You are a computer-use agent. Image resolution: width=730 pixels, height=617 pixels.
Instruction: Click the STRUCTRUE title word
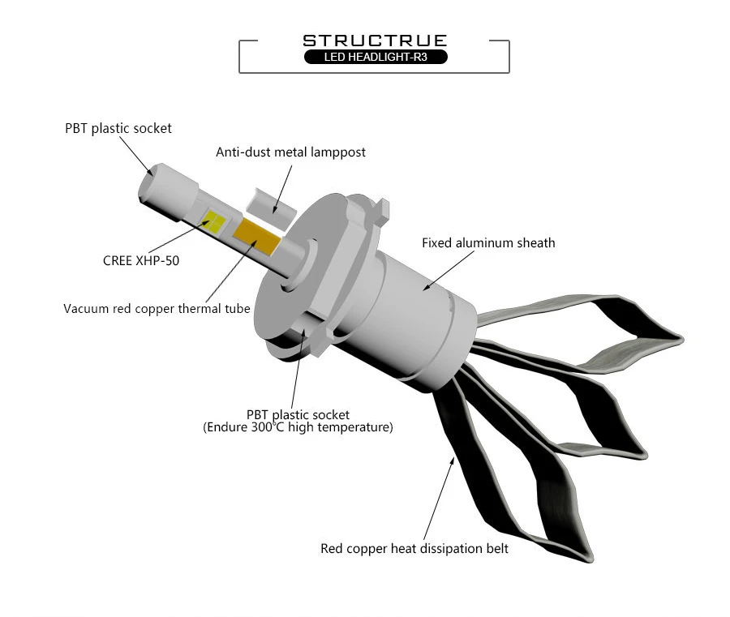pos(375,41)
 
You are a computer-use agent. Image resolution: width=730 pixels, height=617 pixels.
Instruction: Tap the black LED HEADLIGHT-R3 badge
pos(376,57)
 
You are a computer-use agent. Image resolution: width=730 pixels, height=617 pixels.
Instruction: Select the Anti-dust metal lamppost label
pos(290,152)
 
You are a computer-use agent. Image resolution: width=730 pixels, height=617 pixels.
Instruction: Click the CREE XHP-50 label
pos(141,260)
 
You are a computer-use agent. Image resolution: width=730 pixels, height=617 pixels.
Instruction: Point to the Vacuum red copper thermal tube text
pos(157,308)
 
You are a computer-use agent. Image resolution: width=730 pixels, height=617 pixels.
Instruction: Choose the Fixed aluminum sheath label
pos(488,243)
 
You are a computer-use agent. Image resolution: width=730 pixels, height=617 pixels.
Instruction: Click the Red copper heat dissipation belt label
pos(414,549)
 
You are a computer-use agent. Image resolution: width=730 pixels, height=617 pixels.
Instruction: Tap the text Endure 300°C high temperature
pos(298,427)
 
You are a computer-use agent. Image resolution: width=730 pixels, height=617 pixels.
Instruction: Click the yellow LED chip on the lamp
pos(215,222)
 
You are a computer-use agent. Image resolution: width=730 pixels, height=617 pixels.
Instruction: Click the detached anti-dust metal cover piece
pos(271,208)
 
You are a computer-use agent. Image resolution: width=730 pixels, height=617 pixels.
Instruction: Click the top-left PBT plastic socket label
pos(118,128)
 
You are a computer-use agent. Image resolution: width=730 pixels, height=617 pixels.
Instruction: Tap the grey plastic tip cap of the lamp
pos(168,191)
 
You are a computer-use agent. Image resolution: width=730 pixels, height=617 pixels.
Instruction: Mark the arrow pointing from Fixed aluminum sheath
pos(449,271)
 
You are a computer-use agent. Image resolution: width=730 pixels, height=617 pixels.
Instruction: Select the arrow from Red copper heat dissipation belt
pos(439,499)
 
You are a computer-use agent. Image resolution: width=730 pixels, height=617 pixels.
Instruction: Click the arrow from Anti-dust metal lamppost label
pos(282,190)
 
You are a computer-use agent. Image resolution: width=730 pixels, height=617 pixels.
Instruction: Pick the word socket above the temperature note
pos(331,414)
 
